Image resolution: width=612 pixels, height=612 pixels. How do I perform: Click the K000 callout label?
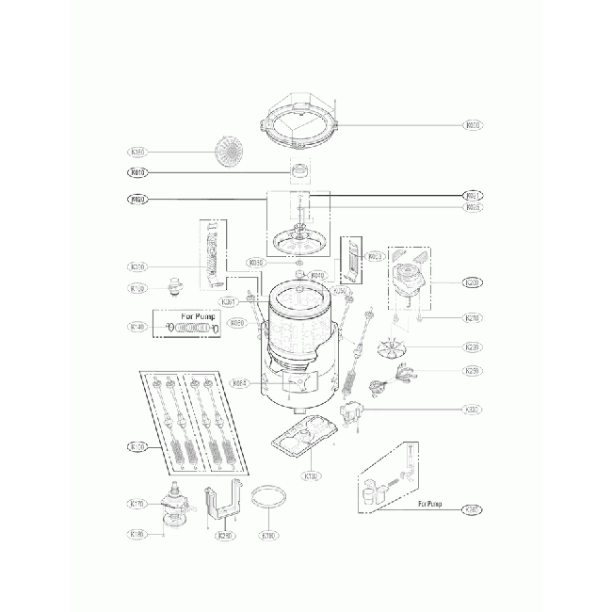[x=473, y=124]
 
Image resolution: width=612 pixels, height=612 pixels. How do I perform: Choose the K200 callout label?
[x=473, y=282]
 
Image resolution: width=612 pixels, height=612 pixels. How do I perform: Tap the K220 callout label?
[x=473, y=347]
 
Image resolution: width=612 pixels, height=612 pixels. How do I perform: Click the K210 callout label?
[x=473, y=318]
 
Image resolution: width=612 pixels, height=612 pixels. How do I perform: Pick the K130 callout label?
[x=313, y=475]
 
